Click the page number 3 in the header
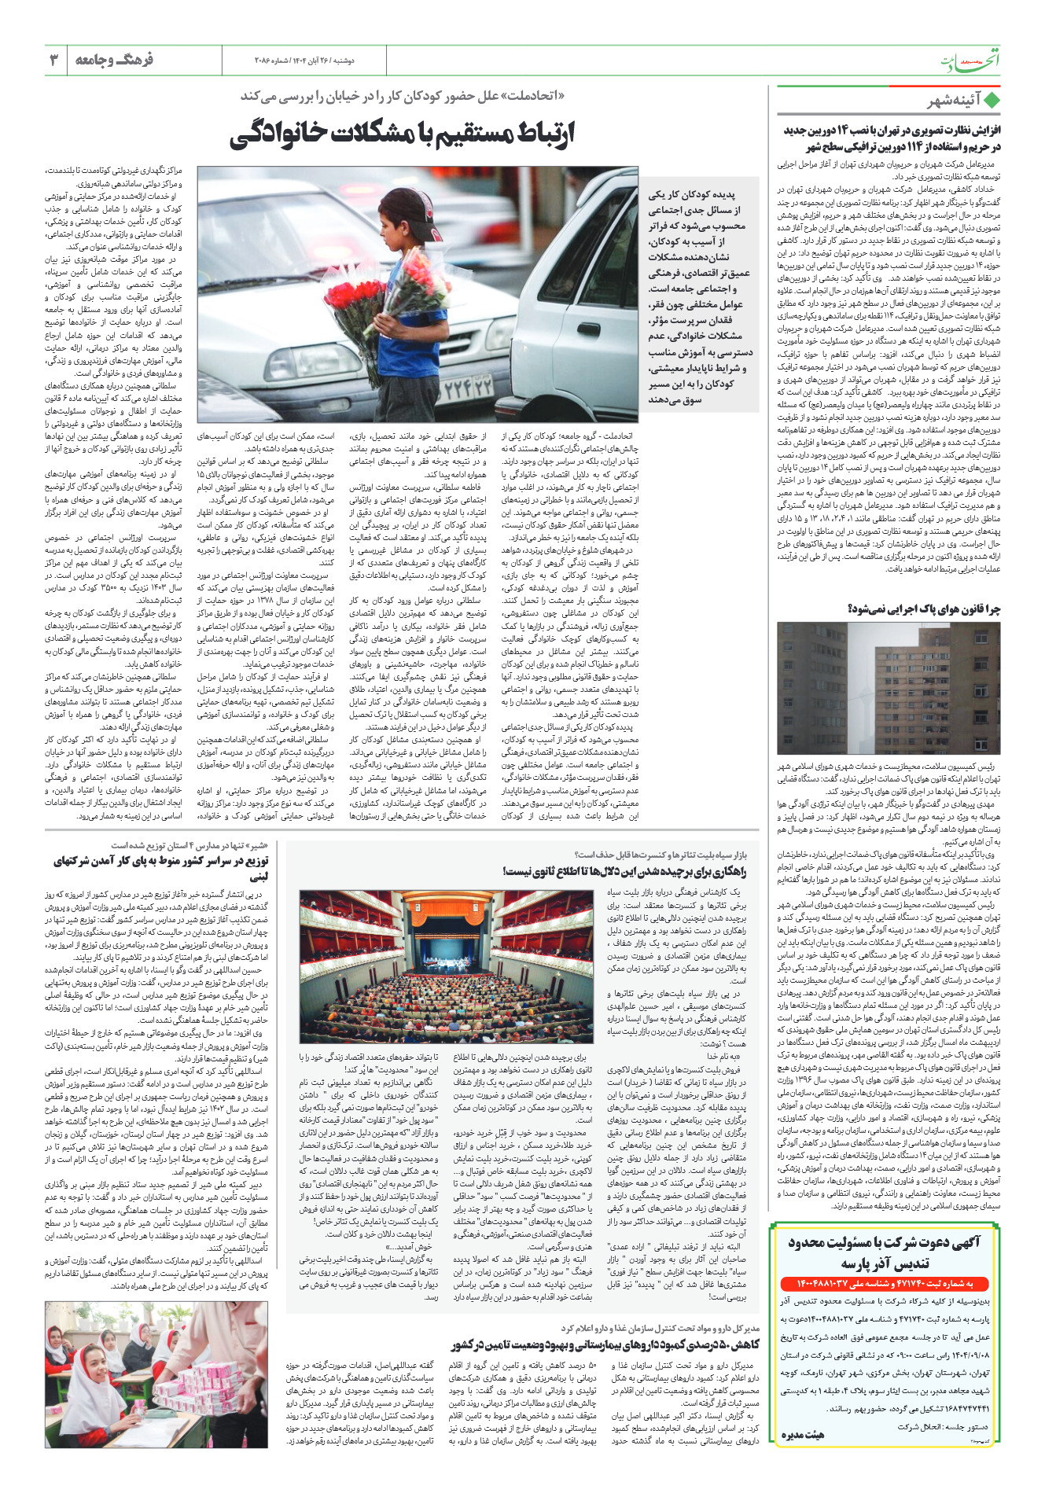(x=54, y=60)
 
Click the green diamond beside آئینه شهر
(x=992, y=101)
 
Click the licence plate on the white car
(x=468, y=387)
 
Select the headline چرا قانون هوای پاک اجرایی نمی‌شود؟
(x=925, y=609)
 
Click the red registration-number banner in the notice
(x=888, y=1284)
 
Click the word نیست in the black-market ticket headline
(x=521, y=871)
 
